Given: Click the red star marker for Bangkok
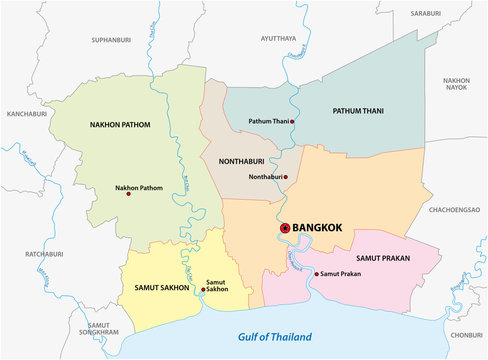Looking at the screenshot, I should (x=284, y=228).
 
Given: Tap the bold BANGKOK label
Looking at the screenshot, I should (x=317, y=228).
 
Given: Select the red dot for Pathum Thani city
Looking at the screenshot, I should (x=294, y=121).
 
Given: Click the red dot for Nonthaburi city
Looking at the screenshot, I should (x=285, y=178).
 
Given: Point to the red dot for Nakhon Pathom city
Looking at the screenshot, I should (x=128, y=194).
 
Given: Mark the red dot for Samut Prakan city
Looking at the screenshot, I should (x=317, y=274).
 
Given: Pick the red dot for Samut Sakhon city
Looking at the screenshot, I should (x=203, y=289).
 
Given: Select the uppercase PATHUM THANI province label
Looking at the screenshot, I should (x=358, y=110).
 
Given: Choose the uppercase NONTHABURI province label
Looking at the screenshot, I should (x=237, y=159).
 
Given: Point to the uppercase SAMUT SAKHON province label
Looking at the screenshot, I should (x=161, y=288).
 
